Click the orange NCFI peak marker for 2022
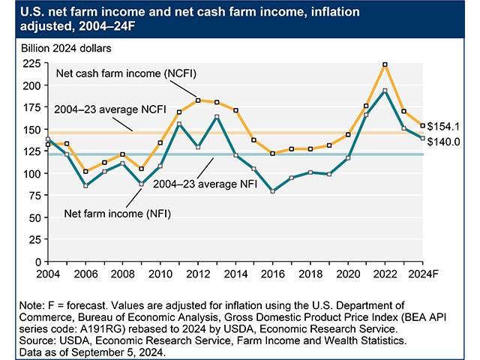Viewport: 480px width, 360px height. tap(385, 65)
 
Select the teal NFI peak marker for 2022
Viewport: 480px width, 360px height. tap(385, 91)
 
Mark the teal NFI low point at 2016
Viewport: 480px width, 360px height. tap(273, 191)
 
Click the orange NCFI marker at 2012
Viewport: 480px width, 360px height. tap(197, 100)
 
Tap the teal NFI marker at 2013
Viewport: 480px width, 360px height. tap(217, 117)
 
